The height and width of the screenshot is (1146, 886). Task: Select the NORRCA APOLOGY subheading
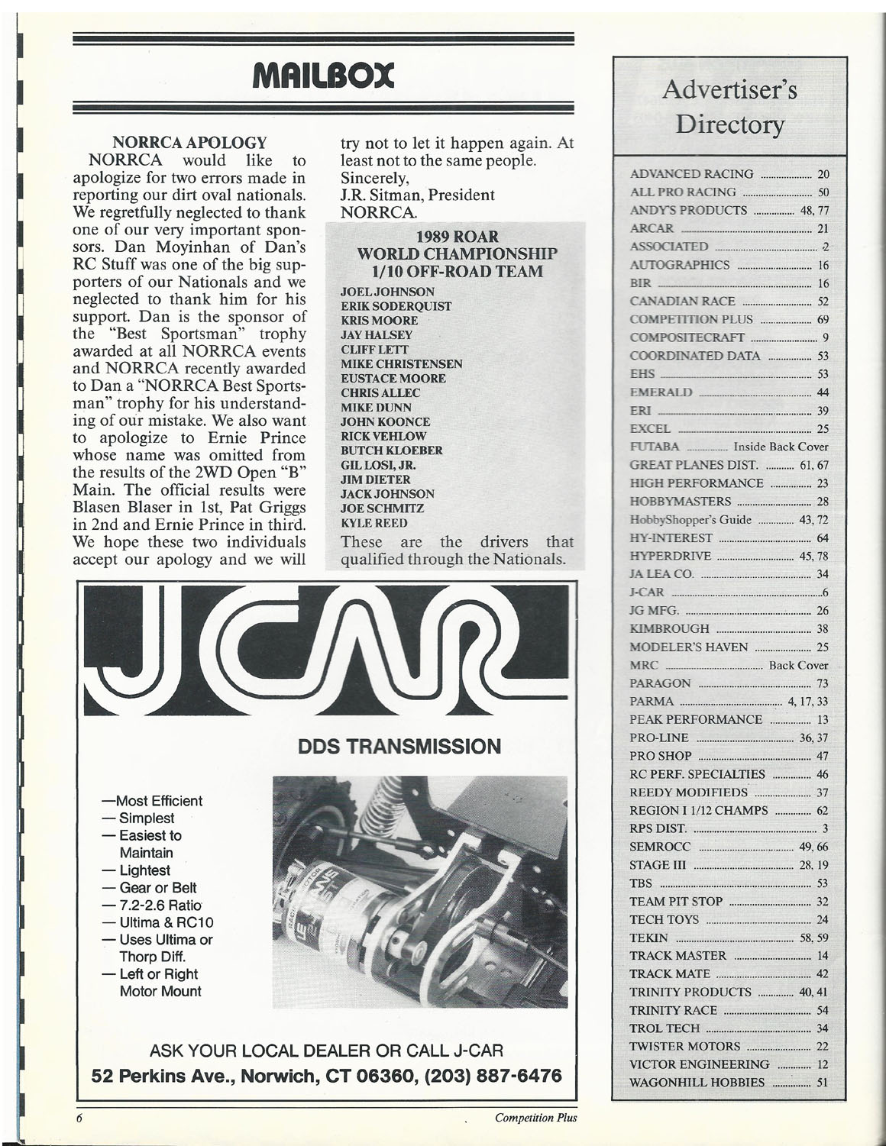189,143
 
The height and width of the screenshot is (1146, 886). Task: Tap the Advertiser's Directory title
730,107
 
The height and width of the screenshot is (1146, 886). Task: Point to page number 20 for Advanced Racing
823,174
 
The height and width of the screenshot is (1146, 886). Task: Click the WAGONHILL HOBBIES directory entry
697,1082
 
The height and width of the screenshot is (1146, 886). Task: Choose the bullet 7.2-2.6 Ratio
159,905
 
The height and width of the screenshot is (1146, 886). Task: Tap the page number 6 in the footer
78,1118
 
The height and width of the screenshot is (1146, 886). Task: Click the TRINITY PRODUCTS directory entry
690,992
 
